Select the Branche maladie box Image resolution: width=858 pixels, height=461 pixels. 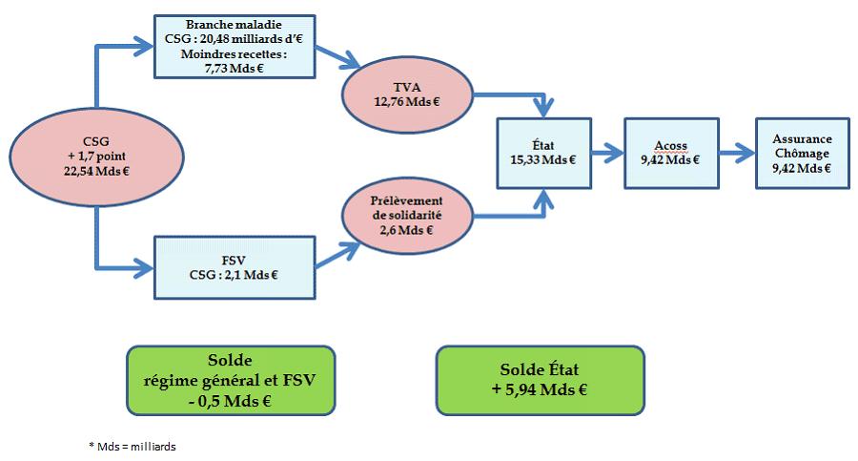pyautogui.click(x=234, y=45)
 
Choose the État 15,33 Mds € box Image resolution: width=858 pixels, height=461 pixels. pyautogui.click(x=543, y=153)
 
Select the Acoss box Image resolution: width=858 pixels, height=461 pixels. pyautogui.click(x=670, y=152)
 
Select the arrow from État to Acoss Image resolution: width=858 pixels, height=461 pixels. pyautogui.click(x=605, y=152)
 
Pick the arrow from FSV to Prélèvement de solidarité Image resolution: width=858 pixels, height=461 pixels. pyautogui.click(x=338, y=253)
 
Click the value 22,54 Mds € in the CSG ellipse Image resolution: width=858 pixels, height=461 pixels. pyautogui.click(x=96, y=171)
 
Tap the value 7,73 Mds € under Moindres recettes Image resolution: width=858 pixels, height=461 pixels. pyautogui.click(x=234, y=69)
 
